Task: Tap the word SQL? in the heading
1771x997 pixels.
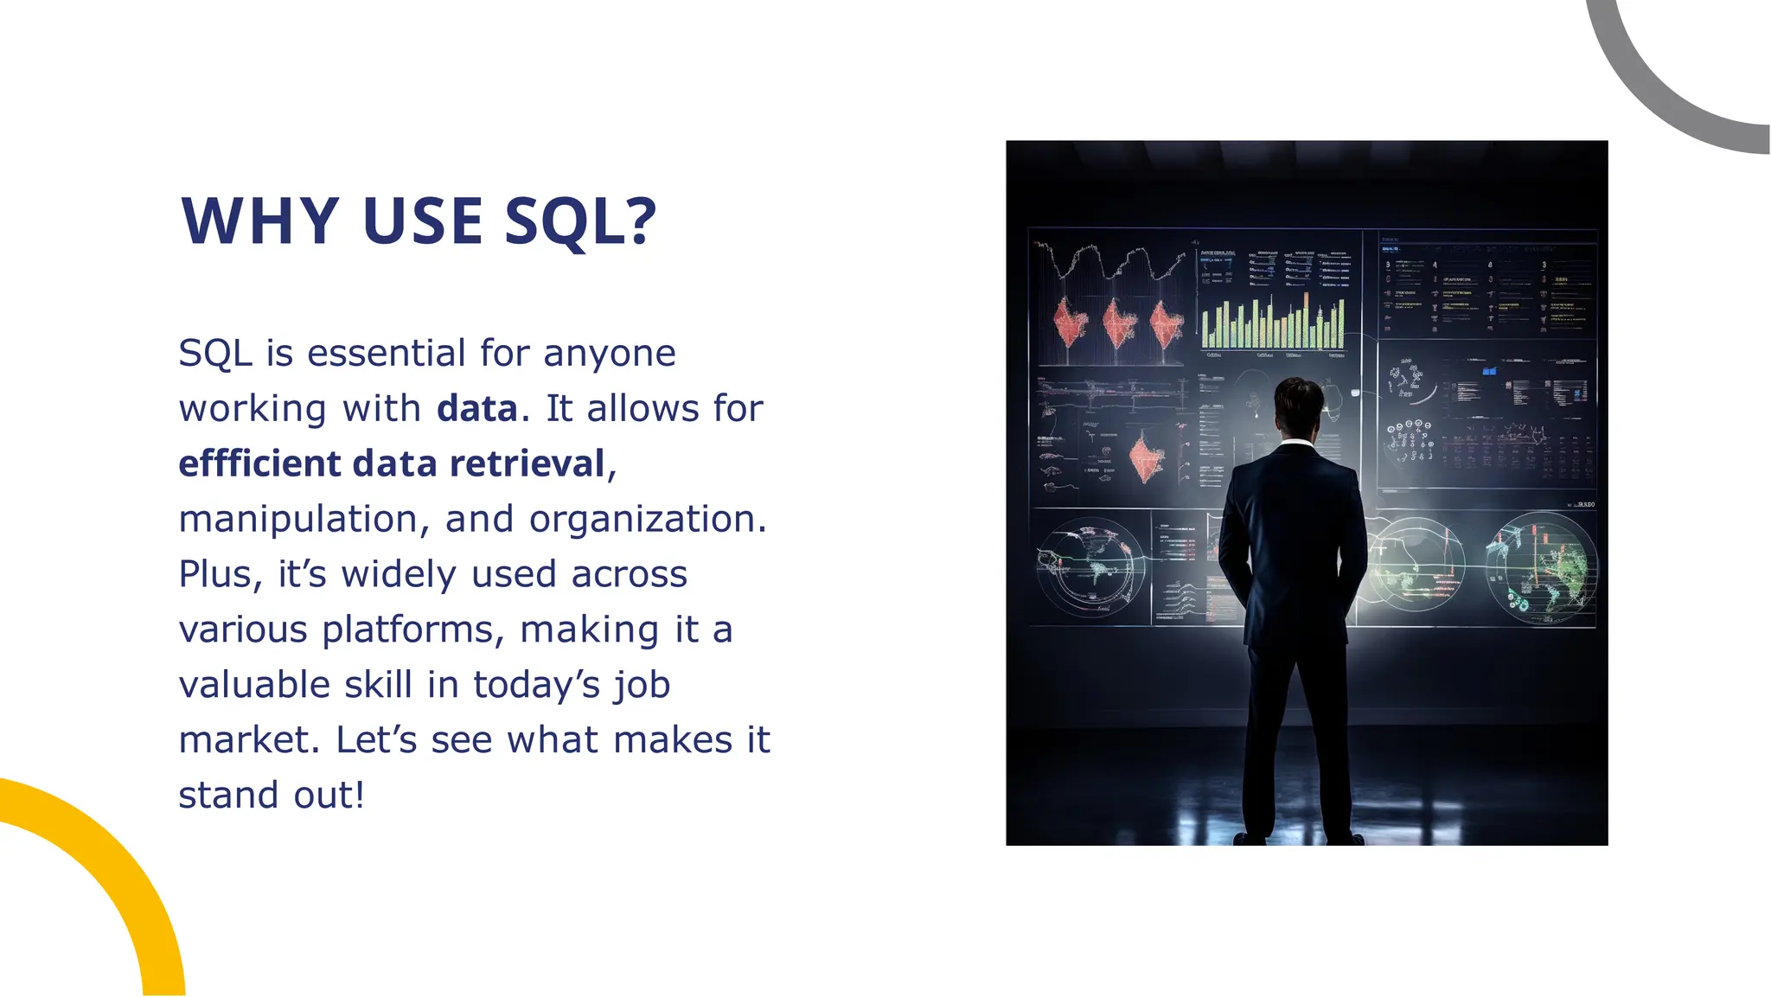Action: (x=580, y=221)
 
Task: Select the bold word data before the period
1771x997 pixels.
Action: (x=476, y=408)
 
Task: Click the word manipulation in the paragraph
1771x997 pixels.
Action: (x=298, y=519)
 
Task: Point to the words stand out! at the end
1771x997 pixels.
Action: (x=272, y=796)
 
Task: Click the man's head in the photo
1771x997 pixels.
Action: (x=1300, y=405)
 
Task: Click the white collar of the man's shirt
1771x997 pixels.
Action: (x=1296, y=444)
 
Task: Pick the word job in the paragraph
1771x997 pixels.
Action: (x=642, y=685)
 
